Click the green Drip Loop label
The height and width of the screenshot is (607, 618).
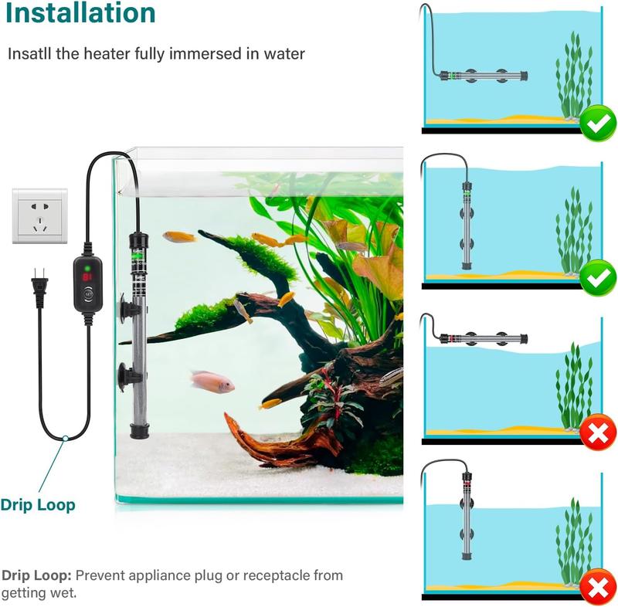(38, 505)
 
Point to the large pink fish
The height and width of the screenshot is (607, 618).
(212, 381)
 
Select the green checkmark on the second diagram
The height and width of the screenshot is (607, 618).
(598, 276)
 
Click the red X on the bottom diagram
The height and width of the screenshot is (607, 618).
(598, 589)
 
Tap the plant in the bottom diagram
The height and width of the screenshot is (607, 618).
(573, 541)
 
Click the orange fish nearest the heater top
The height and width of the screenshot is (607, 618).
(178, 237)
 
